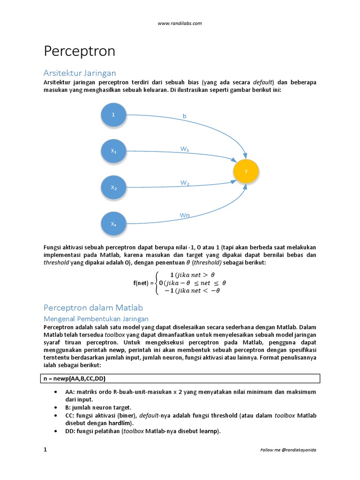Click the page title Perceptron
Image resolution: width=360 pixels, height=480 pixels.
click(79, 51)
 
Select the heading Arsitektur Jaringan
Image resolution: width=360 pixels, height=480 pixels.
click(79, 73)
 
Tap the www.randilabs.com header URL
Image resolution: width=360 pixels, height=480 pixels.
click(180, 23)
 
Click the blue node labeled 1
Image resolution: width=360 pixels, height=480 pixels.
click(113, 114)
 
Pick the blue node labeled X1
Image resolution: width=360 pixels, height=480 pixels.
click(113, 151)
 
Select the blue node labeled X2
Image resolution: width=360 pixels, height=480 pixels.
click(113, 187)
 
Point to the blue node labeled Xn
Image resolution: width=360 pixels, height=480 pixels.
click(113, 224)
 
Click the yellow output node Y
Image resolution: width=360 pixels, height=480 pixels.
click(246, 172)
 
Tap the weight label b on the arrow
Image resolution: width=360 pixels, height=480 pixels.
click(184, 115)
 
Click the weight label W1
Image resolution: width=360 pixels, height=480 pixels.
click(185, 149)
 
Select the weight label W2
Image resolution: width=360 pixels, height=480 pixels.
click(185, 183)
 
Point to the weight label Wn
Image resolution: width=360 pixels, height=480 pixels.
click(185, 215)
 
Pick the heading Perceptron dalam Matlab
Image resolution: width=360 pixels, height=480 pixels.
click(93, 308)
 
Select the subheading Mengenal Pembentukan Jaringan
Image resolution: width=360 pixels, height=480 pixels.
click(96, 319)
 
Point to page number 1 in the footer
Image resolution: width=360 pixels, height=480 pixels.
click(45, 450)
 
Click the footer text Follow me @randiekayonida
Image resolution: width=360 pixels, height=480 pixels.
click(288, 450)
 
